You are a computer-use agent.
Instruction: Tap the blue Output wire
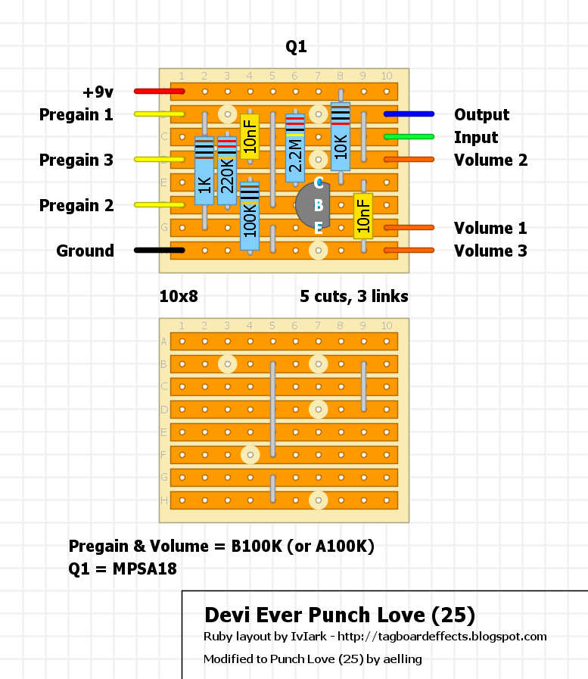pos(409,114)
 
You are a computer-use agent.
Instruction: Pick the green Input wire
pos(409,137)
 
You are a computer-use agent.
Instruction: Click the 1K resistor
pos(204,171)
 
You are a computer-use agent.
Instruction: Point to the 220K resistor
pos(227,171)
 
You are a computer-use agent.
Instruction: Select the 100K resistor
pos(250,216)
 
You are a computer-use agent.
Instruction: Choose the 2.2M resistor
pos(295,148)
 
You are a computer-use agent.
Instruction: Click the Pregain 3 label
pos(76,160)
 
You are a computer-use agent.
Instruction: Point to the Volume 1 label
pos(490,228)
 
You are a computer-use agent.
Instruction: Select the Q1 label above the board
pos(296,48)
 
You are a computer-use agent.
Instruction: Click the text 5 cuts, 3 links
pos(353,297)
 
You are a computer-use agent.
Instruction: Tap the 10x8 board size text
pos(179,297)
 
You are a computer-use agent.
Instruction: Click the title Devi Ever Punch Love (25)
pos(340,614)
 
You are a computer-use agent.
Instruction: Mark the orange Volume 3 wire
pos(409,251)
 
